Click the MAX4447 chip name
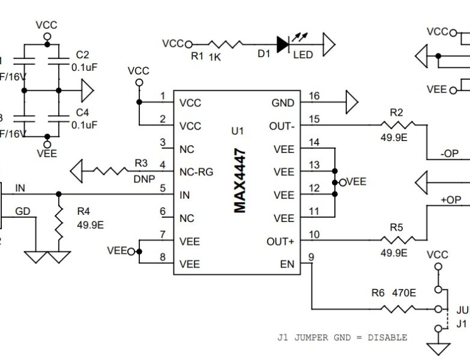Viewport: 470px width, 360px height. point(240,181)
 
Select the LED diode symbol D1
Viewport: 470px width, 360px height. point(283,43)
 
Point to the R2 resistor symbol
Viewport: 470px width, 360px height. point(397,125)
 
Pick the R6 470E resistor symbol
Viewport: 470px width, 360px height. point(399,309)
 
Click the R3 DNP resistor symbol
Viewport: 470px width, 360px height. point(111,172)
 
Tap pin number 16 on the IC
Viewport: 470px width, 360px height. point(314,96)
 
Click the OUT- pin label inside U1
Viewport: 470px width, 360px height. point(282,126)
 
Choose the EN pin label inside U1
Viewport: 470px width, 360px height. point(287,264)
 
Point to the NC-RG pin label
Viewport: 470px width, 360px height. point(196,172)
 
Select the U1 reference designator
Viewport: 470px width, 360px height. point(237,131)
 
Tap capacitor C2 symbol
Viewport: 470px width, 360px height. point(59,61)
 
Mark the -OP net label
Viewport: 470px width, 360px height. point(450,154)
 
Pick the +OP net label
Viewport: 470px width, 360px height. point(451,200)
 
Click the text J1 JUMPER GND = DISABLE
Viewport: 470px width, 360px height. point(342,337)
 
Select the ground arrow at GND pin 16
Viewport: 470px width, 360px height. point(351,103)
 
